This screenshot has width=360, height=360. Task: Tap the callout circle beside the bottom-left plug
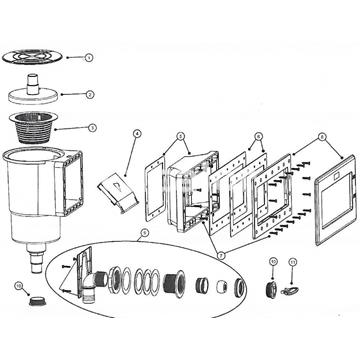19,288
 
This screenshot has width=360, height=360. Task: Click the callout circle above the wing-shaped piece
292,263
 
